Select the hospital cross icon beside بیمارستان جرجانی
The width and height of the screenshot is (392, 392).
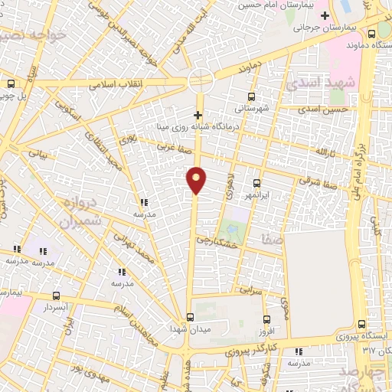click(x=325, y=15)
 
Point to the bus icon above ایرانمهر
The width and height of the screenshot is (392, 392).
click(x=256, y=183)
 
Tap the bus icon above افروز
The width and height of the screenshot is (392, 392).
click(x=266, y=319)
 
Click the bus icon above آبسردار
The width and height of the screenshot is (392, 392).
click(x=56, y=295)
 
